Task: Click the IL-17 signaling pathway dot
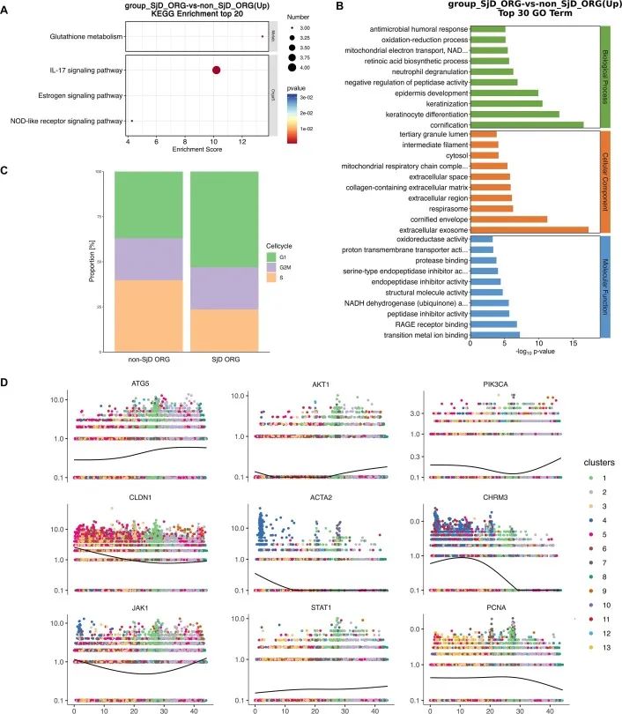(216, 70)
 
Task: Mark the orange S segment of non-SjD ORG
(149, 315)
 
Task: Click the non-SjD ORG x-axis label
(149, 361)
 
